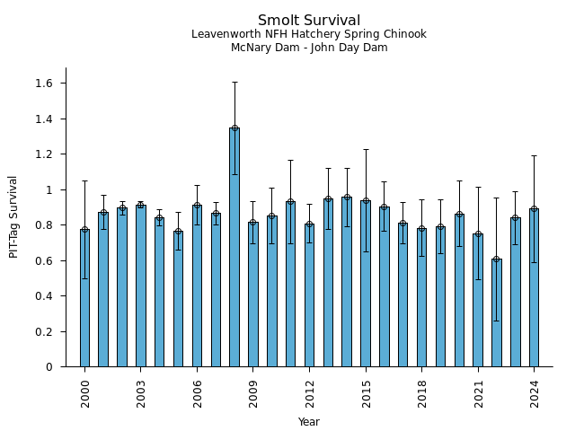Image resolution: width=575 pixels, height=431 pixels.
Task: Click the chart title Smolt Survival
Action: click(309, 21)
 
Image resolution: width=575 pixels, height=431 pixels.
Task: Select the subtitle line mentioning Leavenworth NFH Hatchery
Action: click(309, 34)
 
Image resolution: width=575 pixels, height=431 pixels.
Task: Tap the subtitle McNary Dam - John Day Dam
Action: click(309, 48)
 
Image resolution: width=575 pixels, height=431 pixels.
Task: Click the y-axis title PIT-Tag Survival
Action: click(13, 216)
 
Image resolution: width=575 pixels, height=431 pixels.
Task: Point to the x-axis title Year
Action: click(309, 422)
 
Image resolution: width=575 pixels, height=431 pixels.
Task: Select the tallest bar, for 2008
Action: click(234, 247)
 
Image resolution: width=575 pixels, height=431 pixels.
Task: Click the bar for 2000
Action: click(84, 298)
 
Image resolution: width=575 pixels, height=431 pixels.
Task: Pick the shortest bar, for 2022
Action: click(497, 312)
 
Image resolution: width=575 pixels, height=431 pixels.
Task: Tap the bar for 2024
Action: click(534, 287)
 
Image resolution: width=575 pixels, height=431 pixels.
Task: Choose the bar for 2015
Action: click(366, 284)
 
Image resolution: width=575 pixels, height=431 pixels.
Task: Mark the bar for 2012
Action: click(309, 295)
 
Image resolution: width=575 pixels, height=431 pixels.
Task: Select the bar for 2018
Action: click(421, 298)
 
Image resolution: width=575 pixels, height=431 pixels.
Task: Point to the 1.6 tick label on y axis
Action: click(44, 84)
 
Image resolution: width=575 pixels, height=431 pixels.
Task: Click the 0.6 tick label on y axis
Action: click(44, 260)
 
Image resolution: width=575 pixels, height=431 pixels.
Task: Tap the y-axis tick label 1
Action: click(50, 189)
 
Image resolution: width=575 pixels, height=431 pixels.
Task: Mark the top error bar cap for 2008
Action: click(234, 83)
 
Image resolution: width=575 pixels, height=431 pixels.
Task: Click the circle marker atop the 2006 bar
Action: click(197, 206)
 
